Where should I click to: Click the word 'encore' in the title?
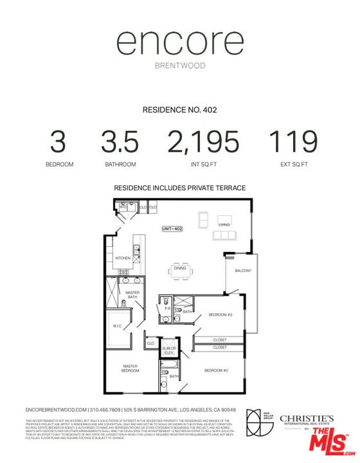click(179, 44)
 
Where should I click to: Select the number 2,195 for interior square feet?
click(203, 141)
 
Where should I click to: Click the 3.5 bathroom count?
click(121, 141)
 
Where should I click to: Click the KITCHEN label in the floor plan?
click(123, 259)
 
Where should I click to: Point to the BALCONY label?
click(243, 271)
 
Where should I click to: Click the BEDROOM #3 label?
click(220, 314)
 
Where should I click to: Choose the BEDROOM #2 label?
click(216, 371)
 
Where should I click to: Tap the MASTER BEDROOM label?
click(131, 368)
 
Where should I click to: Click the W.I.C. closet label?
click(118, 326)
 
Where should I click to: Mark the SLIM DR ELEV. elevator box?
click(170, 350)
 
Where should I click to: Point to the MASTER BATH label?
click(132, 295)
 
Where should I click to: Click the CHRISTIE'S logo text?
click(306, 419)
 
